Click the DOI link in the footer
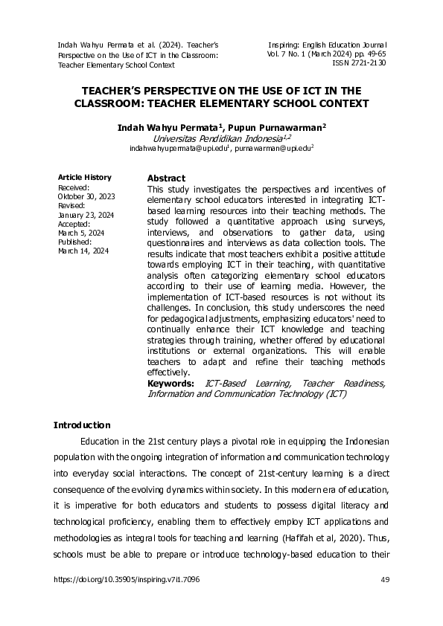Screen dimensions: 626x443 tap(127, 579)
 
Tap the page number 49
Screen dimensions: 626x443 tap(384, 579)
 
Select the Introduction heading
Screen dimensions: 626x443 tap(82, 425)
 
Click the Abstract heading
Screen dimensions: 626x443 tap(166, 178)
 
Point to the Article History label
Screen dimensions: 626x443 tap(85, 177)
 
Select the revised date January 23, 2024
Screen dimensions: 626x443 tap(86, 215)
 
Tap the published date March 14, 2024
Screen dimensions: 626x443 tap(83, 251)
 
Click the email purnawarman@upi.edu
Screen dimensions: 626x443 tap(273, 149)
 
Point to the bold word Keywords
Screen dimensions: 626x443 tap(170, 383)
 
